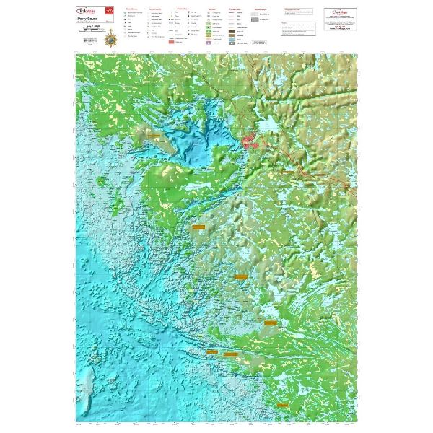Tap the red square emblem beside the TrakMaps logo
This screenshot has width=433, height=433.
110,12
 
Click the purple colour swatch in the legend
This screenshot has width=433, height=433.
208,43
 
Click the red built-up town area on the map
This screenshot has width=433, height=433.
251,140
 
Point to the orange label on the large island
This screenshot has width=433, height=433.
154,134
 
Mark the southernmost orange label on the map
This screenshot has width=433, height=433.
231,354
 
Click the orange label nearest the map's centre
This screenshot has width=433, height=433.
198,227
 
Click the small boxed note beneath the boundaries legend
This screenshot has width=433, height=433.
258,44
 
